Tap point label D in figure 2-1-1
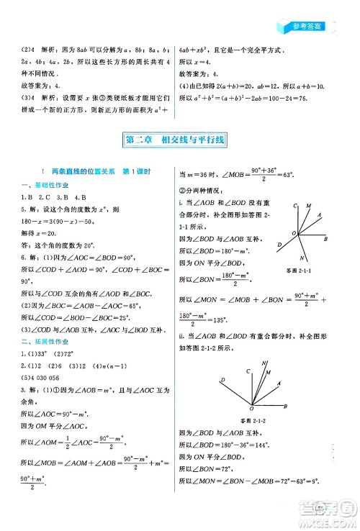[279, 245]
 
